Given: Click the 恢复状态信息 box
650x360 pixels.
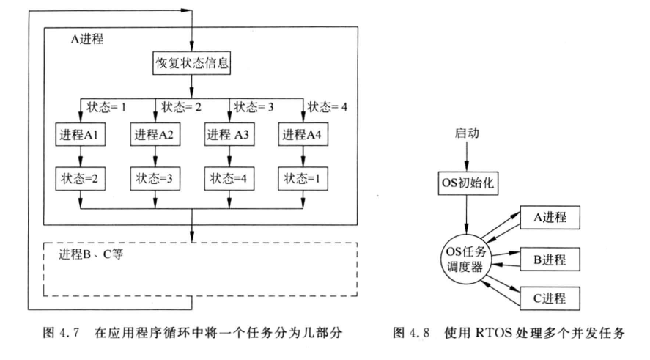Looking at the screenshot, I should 191,64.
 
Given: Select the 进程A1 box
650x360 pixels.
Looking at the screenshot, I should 80,134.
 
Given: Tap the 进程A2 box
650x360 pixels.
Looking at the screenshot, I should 154,134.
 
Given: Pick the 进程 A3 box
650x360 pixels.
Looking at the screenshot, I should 229,134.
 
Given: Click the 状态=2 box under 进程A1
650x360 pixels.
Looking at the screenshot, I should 80,177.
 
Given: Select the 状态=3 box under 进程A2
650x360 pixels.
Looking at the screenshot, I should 154,177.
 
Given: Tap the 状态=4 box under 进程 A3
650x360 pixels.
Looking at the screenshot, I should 229,177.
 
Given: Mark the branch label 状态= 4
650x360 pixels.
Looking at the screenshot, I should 329,106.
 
